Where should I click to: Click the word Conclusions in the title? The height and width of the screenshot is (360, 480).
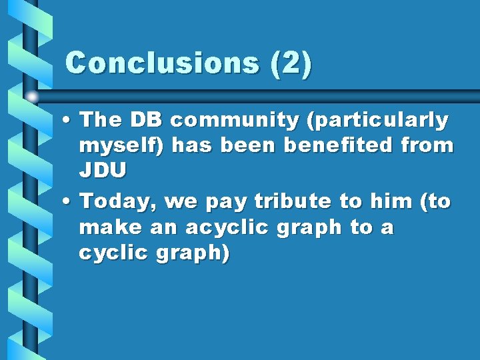click(x=162, y=63)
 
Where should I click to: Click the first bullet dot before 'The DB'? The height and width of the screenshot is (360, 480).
click(x=68, y=121)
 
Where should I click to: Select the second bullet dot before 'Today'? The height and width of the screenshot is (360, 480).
click(x=68, y=201)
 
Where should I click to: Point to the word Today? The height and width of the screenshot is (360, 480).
click(x=117, y=201)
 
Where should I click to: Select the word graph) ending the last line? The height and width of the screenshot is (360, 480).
click(x=193, y=254)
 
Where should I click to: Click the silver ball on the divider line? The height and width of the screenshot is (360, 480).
click(x=32, y=97)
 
